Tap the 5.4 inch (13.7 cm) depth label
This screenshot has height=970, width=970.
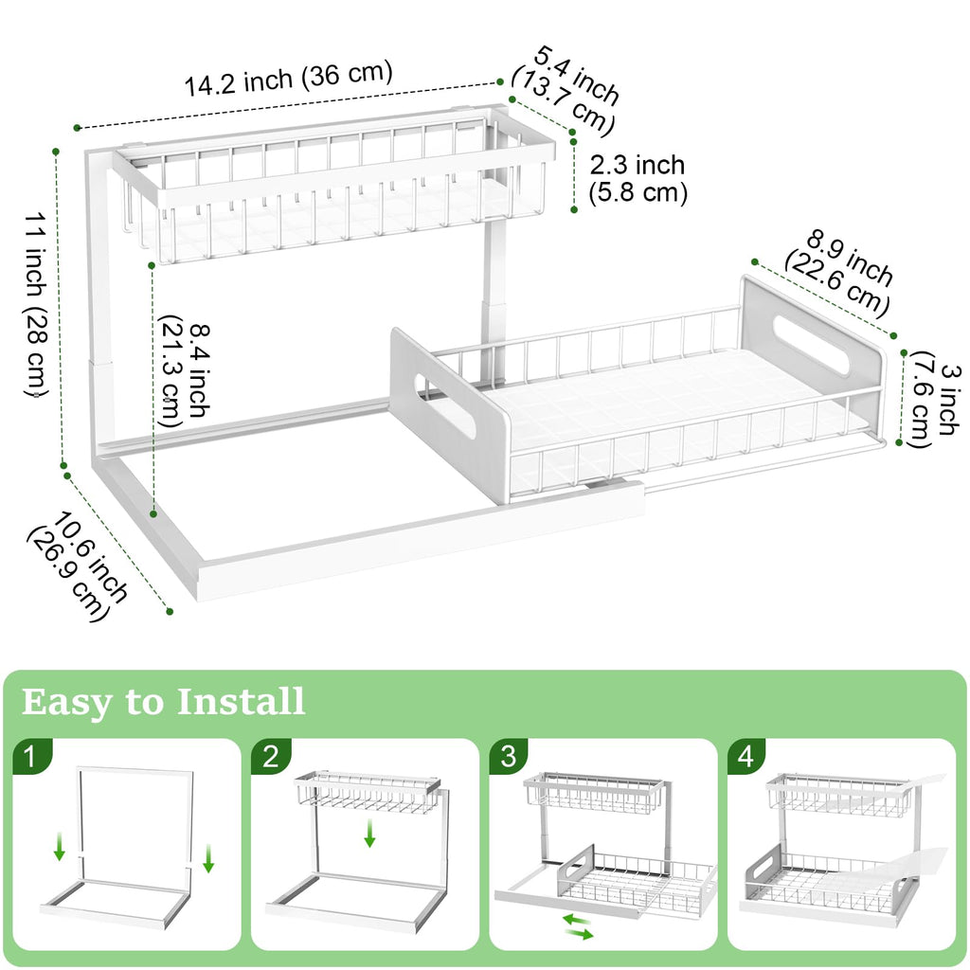565,89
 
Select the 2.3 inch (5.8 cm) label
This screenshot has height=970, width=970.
637,179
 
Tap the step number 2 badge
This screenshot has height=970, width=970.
271,757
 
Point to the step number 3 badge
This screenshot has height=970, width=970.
510,757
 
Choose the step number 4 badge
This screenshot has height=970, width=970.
747,757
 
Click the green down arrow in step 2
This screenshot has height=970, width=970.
370,835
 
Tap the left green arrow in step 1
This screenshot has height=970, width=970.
60,848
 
